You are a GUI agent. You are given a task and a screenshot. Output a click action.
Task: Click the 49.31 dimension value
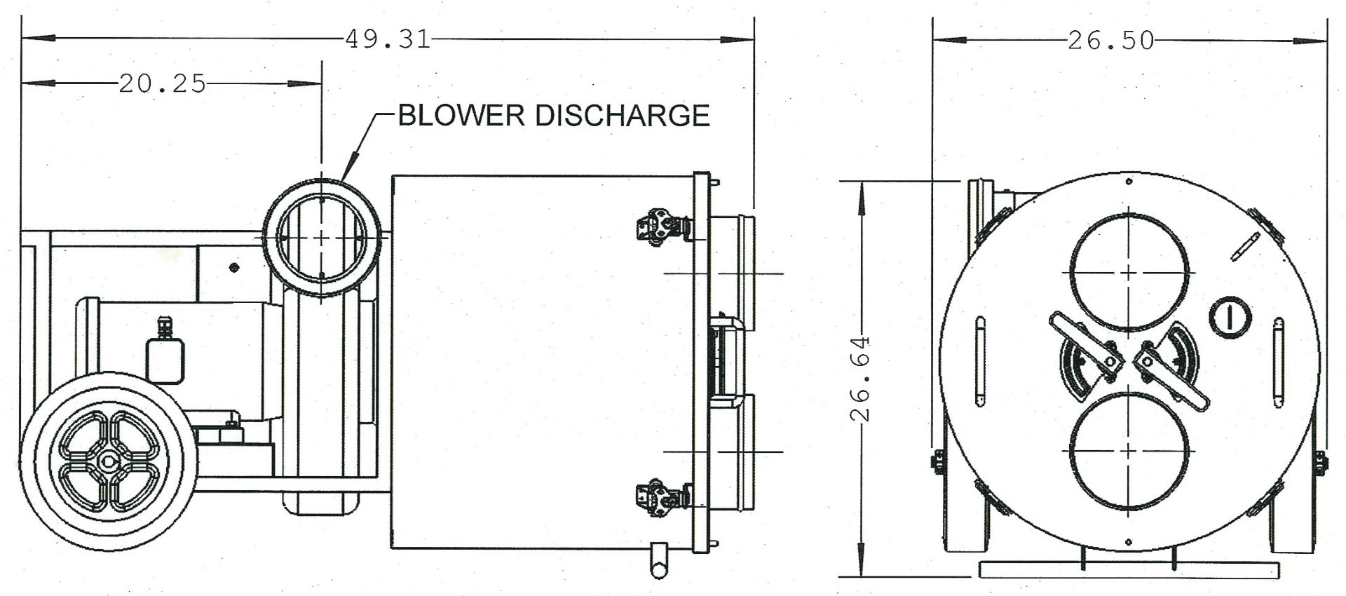pos(388,39)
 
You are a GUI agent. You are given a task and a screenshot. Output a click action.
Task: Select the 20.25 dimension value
pos(162,84)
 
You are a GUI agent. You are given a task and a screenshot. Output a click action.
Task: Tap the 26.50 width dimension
pos(1110,41)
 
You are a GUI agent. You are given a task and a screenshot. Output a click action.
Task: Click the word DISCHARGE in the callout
pos(623,116)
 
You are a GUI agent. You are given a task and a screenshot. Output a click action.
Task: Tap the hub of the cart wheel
pos(107,461)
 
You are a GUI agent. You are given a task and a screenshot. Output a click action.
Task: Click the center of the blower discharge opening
pos(321,238)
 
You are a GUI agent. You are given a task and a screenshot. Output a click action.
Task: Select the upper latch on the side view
pos(659,226)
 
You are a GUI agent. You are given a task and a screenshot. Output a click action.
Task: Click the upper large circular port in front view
pos(1129,271)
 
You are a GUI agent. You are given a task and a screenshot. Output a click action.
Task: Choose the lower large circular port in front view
pos(1129,450)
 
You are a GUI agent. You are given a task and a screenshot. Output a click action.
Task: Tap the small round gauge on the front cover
pos(1230,318)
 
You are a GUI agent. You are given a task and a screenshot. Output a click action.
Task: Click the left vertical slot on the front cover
pos(979,361)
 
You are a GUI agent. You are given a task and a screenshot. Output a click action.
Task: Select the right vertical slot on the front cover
pos(1278,361)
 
